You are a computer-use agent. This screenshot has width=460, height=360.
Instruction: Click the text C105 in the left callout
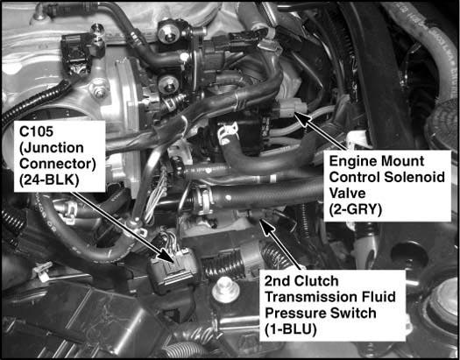pos(37,131)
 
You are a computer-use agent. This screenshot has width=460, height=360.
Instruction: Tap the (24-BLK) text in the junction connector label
pos(49,180)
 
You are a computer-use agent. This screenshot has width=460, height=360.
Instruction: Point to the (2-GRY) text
pos(356,210)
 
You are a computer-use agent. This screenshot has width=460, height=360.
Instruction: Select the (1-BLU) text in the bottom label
pos(290,330)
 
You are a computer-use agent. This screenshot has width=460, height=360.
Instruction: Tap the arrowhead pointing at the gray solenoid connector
pos(303,118)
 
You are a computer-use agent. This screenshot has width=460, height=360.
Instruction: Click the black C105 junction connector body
pos(173,270)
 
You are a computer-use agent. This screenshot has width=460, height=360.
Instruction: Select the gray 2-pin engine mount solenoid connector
pos(290,108)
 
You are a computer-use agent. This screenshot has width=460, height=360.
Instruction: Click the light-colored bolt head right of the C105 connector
pos(224,290)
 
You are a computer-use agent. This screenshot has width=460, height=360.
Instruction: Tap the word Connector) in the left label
pos(58,164)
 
